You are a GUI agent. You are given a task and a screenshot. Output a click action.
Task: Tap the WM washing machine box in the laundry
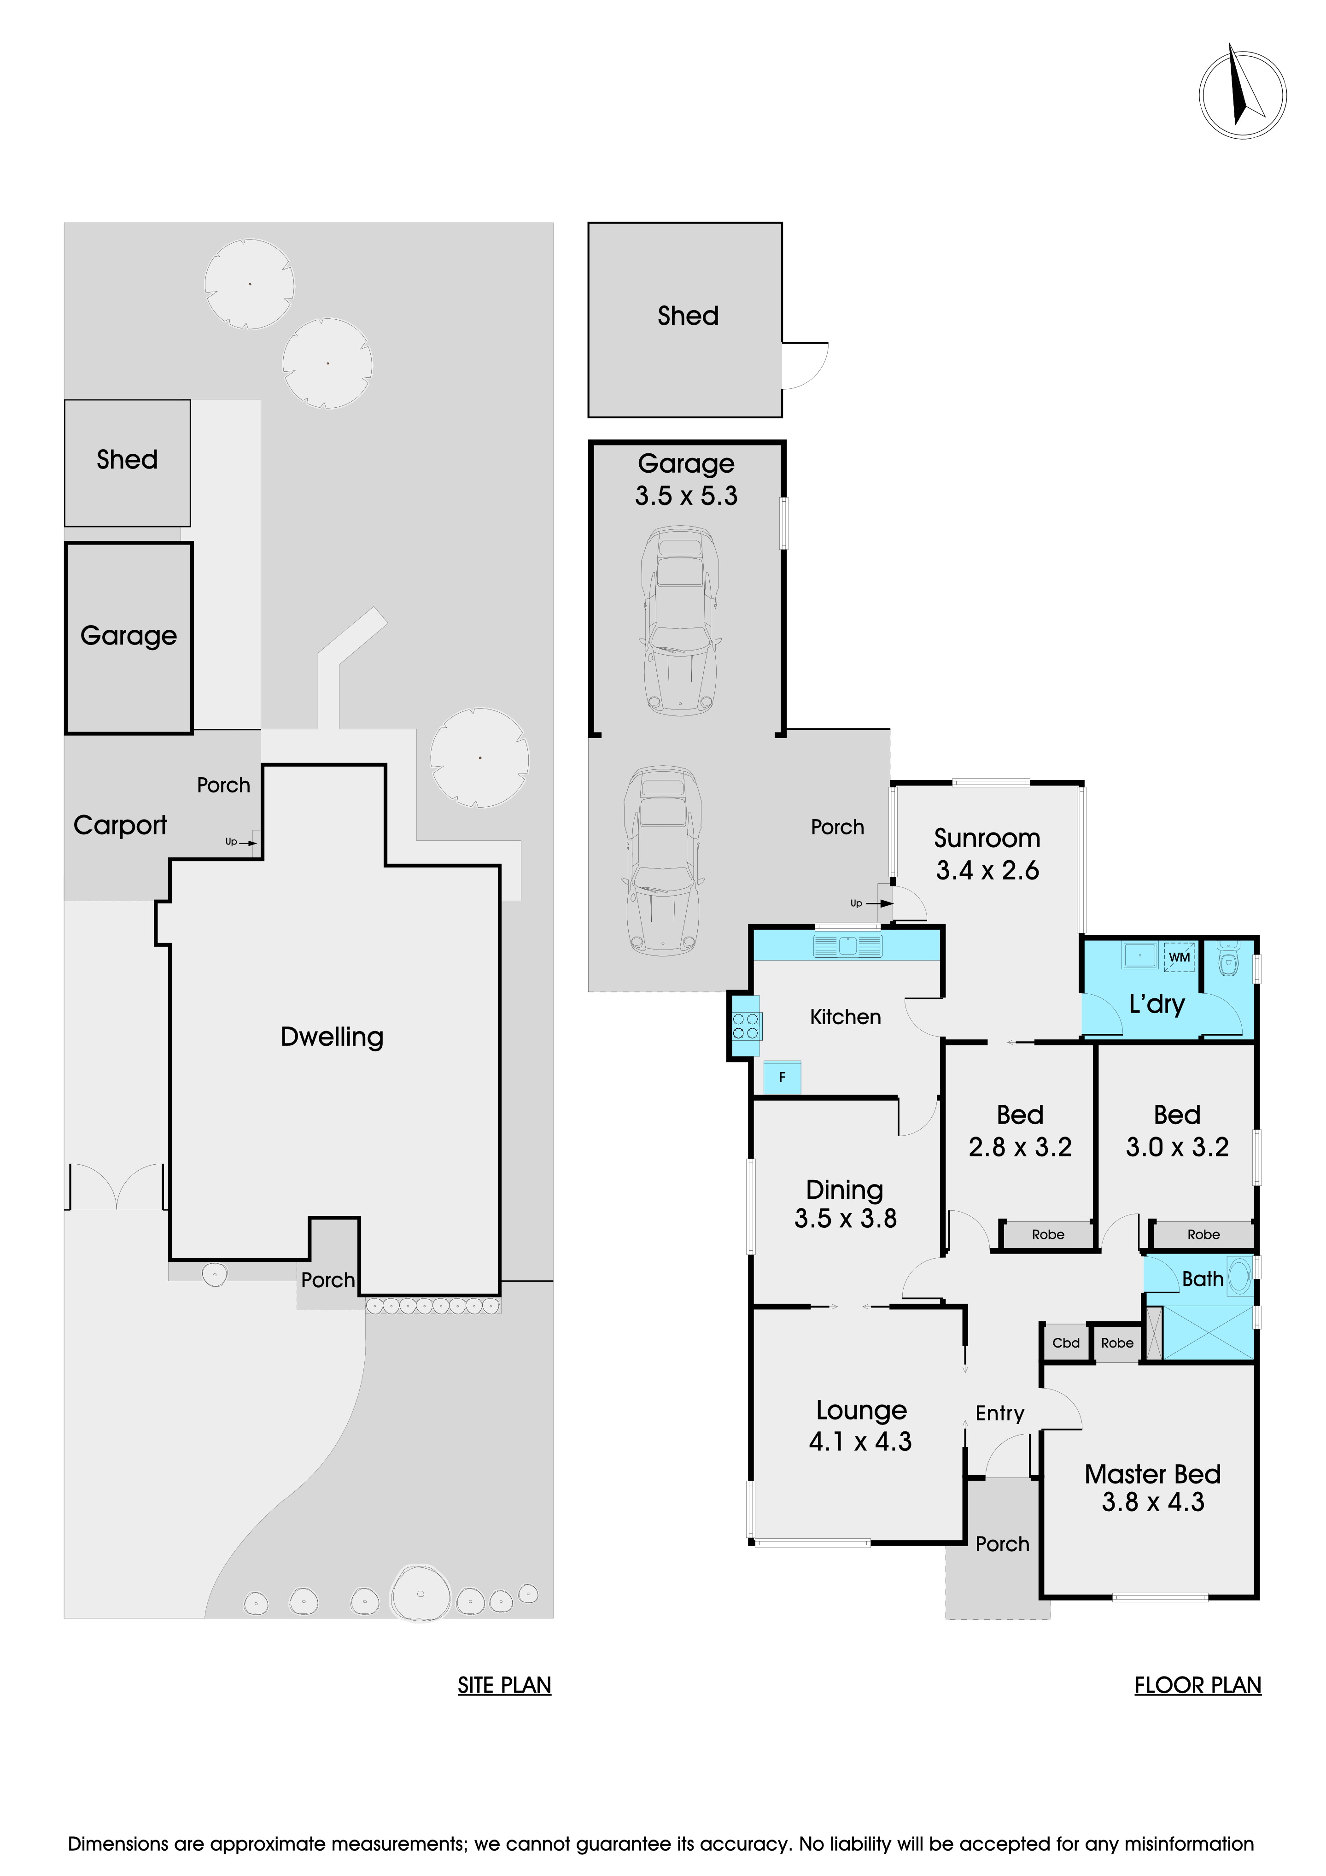pos(1179,957)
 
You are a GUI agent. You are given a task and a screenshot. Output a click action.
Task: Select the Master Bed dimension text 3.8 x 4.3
pos(1153,1502)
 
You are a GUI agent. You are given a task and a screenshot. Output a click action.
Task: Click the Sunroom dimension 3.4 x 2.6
pos(987,870)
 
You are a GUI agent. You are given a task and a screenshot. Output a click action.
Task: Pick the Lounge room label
pos(861,1410)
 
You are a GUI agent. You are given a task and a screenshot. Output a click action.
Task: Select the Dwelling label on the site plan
pos(332,1037)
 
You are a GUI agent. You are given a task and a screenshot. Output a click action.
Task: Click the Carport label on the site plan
pos(120,825)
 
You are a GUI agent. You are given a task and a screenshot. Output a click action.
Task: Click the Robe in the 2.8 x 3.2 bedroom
pos(1047,1235)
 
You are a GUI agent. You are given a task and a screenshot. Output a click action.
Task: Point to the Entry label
pos(999,1413)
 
